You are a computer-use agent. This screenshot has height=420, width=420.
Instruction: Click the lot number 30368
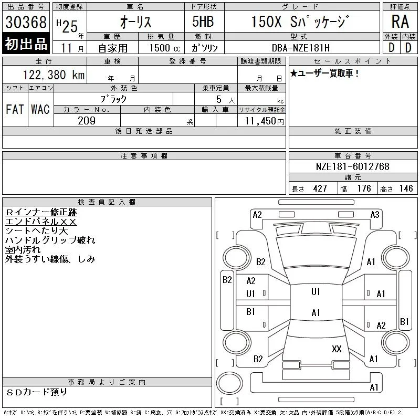pos(26,22)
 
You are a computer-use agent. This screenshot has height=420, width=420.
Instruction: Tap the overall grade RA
pos(400,22)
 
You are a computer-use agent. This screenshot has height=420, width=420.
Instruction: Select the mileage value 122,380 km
pos(54,75)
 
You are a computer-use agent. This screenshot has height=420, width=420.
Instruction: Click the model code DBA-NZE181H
pos(301,48)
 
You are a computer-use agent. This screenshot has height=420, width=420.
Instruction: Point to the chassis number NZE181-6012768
pos(352,166)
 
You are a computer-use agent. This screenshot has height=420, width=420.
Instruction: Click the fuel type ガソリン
pos(204,48)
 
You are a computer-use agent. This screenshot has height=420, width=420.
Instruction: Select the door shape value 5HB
pos(203,22)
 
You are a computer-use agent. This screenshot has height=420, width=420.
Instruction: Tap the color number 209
pos(87,121)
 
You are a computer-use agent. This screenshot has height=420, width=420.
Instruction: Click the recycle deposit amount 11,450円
pos(264,121)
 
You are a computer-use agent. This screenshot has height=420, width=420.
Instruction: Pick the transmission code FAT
pos(15,109)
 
